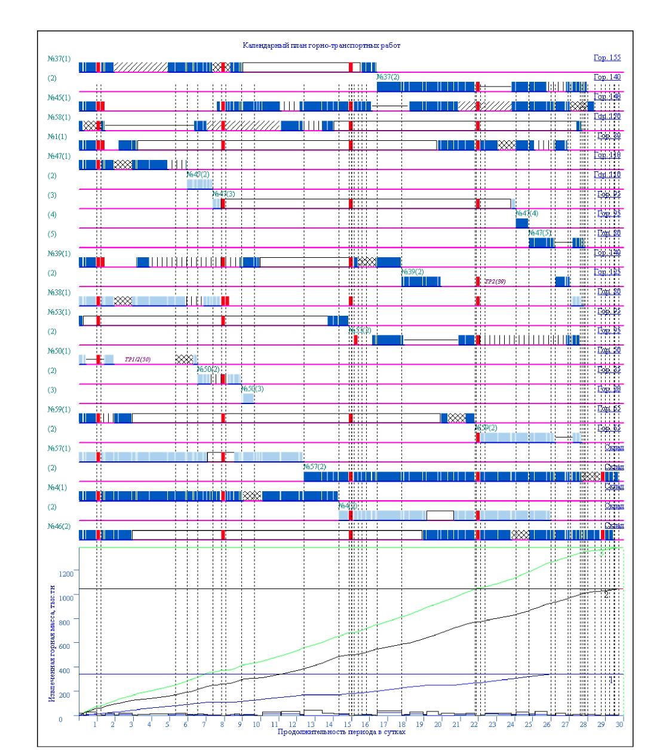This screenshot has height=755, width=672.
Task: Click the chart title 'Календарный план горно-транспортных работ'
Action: pos(321,45)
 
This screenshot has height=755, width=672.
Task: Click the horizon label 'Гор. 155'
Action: pos(607,58)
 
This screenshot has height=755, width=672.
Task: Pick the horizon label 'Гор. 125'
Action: pos(609,272)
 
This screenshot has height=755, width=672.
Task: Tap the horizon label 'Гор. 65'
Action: pos(609,409)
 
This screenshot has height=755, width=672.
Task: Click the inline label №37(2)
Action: pos(388,77)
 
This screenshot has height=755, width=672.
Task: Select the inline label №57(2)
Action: pos(315,467)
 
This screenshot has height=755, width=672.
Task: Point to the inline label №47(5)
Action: pos(540,233)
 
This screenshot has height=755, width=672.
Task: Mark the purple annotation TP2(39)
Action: pos(495,281)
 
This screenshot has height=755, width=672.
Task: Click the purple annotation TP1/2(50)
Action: pos(138,359)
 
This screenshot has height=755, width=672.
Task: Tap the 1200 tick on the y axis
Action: pos(65,573)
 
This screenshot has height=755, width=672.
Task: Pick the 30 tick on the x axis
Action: pos(620,723)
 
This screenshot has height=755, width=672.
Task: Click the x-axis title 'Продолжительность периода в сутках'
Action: pos(341,732)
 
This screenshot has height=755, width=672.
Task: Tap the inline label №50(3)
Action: pos(253,389)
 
